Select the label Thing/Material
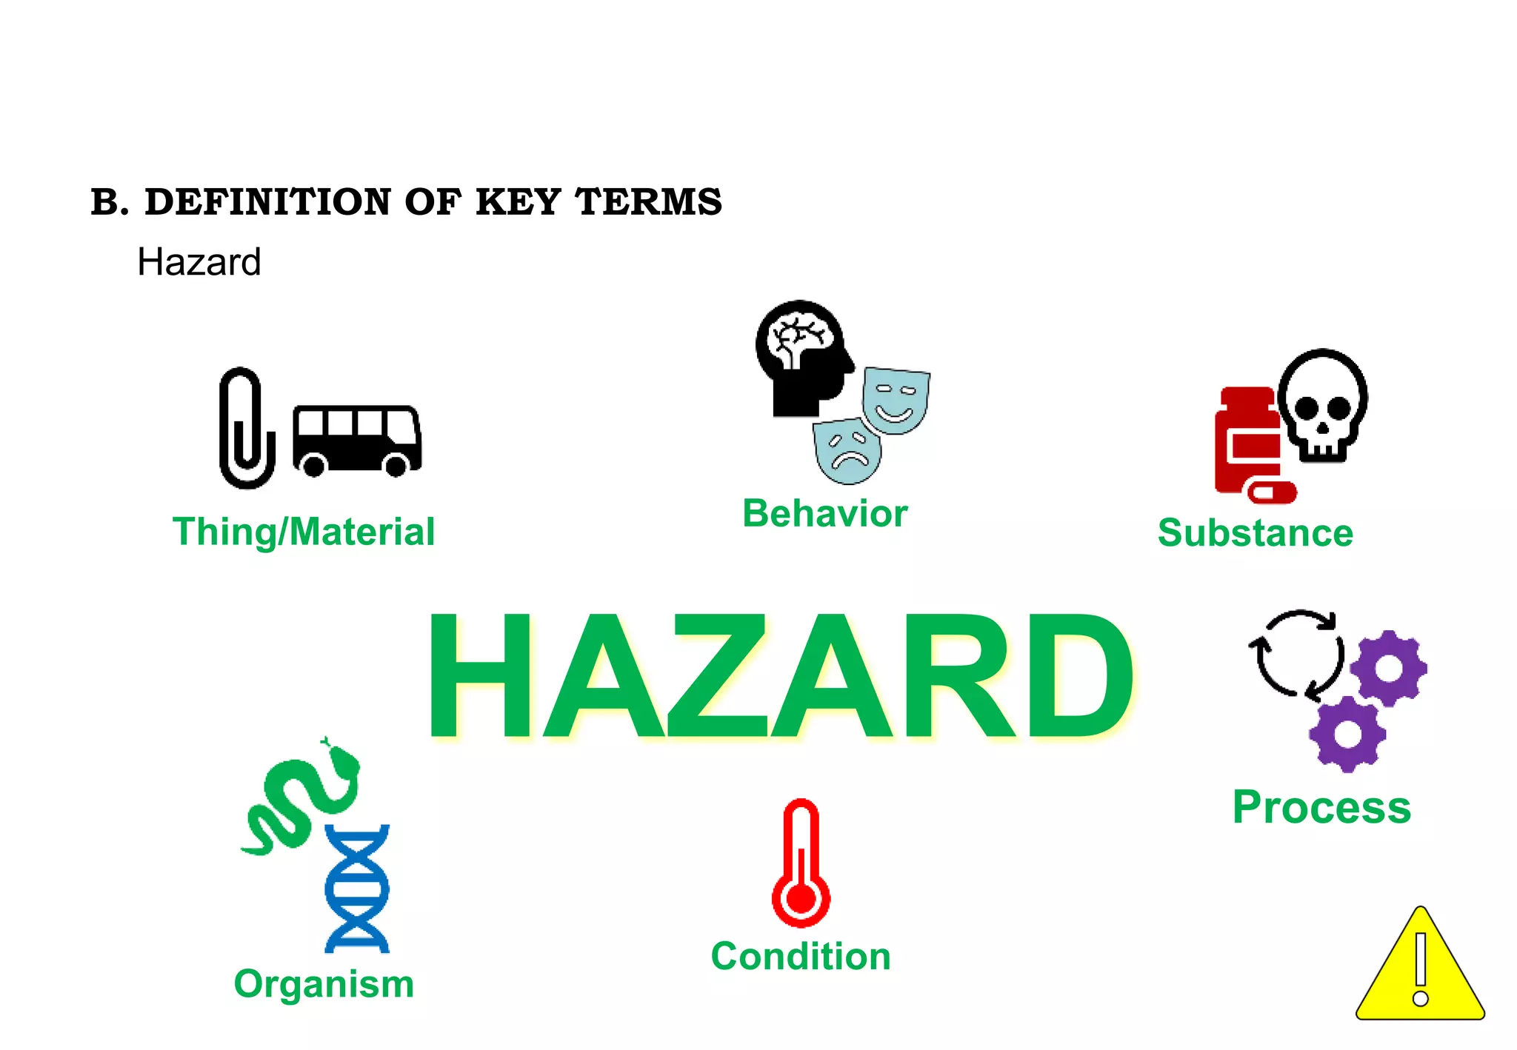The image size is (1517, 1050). pyautogui.click(x=304, y=532)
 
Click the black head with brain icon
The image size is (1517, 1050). pyautogui.click(x=801, y=356)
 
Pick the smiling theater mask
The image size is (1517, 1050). pyautogui.click(x=896, y=400)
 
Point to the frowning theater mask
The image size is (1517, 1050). pyautogui.click(x=848, y=450)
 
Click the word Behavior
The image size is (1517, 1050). pyautogui.click(x=824, y=513)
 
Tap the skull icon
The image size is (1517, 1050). pyautogui.click(x=1323, y=405)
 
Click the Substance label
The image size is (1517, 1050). pyautogui.click(x=1255, y=532)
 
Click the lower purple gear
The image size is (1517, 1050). pyautogui.click(x=1347, y=734)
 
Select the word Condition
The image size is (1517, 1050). pyautogui.click(x=801, y=956)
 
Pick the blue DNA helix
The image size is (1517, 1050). pyautogui.click(x=357, y=888)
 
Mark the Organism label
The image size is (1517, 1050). pyautogui.click(x=324, y=984)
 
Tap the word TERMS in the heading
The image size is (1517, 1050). pyautogui.click(x=648, y=202)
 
